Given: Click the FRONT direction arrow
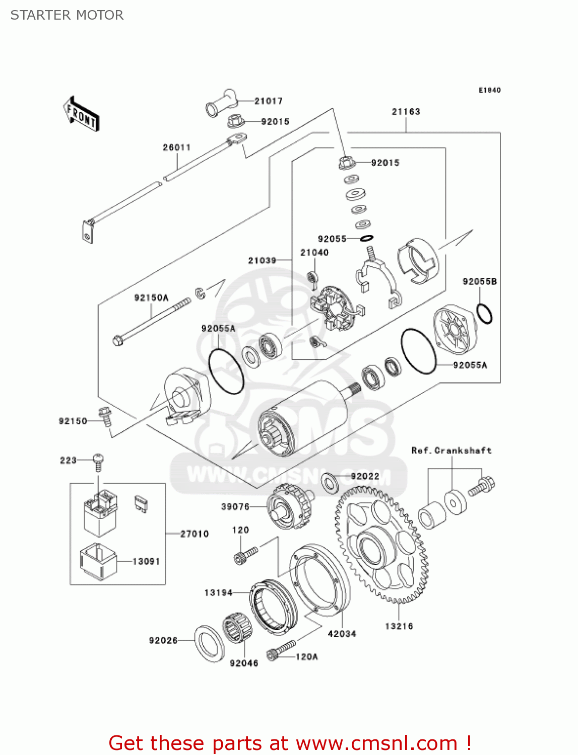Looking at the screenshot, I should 81,114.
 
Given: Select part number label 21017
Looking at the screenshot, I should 268,101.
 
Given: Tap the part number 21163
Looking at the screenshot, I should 406,112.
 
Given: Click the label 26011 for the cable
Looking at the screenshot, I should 176,147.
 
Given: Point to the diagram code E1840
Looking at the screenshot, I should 489,90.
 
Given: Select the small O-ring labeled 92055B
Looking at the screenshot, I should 484,314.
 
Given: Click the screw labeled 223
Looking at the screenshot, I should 98,460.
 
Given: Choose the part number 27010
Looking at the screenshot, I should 195,534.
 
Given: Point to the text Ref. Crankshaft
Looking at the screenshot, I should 451,450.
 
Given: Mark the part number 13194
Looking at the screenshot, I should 218,593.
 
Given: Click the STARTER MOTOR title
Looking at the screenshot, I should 67,15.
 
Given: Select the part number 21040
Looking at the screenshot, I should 314,253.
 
